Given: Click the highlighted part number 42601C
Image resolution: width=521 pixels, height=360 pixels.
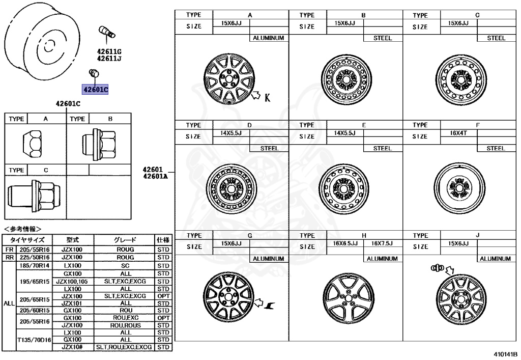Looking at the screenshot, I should coord(96,90).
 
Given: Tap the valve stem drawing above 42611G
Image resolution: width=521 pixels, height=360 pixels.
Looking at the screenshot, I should coord(106,33).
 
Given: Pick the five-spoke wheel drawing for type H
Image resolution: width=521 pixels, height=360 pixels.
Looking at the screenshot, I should coord(346,297).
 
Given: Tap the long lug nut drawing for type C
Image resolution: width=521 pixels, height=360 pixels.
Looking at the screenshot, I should coord(33,194).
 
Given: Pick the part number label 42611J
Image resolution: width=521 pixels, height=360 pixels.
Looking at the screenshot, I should coord(109,59).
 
